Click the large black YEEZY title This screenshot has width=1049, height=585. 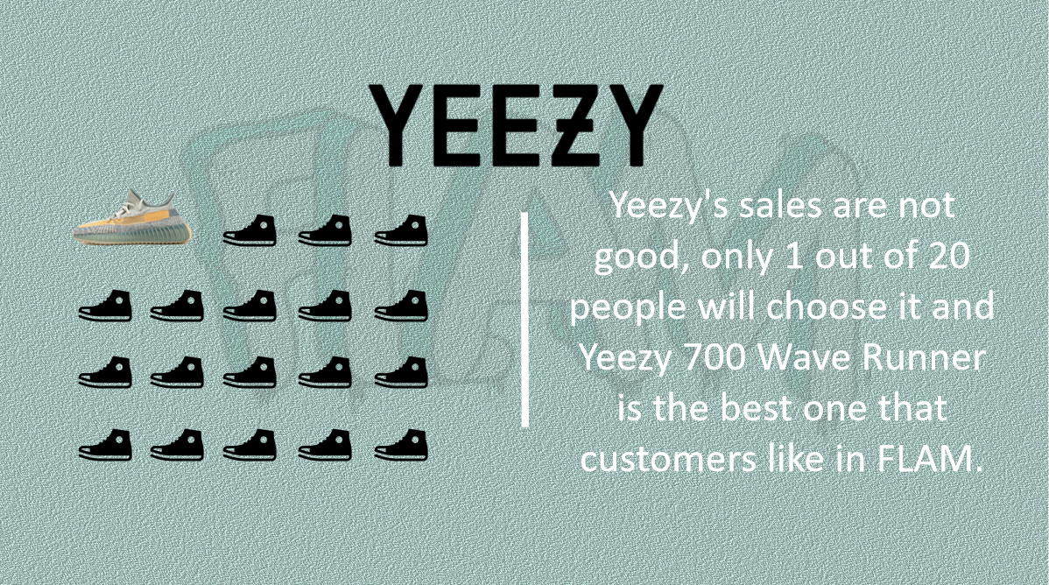(517, 126)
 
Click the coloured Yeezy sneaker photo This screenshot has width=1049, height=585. (132, 217)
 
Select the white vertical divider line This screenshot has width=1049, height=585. (524, 320)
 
